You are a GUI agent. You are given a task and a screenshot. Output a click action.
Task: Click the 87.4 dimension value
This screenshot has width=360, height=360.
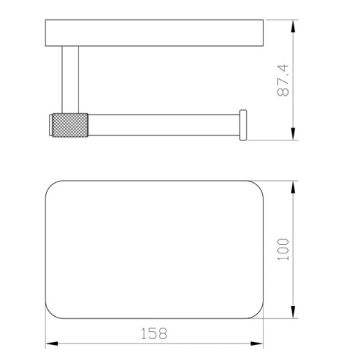283,80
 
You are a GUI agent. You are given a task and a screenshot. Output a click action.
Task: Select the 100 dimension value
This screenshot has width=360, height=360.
283,249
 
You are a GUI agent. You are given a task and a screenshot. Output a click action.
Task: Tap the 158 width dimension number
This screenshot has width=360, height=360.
154,333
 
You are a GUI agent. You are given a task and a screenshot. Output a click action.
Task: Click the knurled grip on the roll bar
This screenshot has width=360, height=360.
70,125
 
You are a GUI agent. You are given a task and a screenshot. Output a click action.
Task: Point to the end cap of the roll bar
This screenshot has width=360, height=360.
243,125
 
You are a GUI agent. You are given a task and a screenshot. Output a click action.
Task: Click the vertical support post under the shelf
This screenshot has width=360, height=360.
70,79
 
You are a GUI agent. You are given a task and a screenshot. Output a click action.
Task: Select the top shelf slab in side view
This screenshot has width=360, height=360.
154,33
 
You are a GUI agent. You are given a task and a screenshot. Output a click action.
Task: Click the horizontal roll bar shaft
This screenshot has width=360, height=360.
163,125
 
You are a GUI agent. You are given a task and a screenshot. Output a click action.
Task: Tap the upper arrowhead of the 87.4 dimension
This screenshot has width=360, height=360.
293,27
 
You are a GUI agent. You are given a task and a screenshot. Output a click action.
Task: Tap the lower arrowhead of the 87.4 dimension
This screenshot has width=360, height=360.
293,134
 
